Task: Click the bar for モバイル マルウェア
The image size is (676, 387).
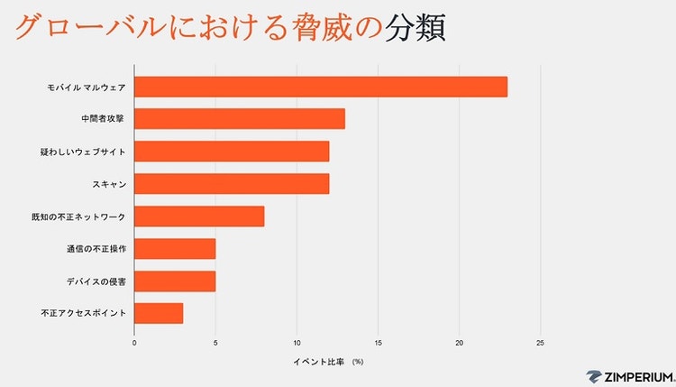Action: [x=321, y=87]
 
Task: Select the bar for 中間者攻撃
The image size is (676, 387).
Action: [x=240, y=119]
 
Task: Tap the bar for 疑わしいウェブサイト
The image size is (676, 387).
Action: [x=232, y=152]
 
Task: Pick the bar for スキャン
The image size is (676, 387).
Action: [x=232, y=184]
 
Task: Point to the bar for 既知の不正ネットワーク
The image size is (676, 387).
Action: [x=199, y=217]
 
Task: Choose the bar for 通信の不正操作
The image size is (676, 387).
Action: [x=175, y=249]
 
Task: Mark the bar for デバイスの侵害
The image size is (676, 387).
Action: [x=175, y=281]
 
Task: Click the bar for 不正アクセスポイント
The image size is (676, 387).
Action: [x=159, y=314]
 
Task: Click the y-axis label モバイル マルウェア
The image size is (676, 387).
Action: [x=87, y=88]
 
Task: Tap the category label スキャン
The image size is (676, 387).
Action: [x=108, y=185]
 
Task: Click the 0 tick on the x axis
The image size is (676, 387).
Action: [x=134, y=343]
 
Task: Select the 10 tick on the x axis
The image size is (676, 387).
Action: [x=297, y=343]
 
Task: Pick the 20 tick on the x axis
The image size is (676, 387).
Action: [x=459, y=343]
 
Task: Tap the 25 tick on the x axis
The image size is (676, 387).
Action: [x=540, y=343]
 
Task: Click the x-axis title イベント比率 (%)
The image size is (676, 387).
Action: [x=328, y=362]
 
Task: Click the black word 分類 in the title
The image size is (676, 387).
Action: [x=416, y=28]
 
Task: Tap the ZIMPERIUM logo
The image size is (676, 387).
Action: [x=628, y=376]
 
